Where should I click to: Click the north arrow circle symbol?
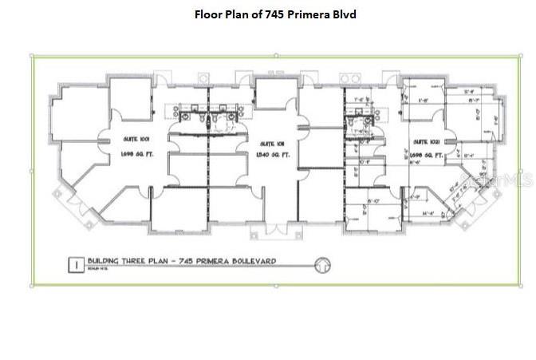tap(323, 264)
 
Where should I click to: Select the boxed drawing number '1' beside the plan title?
tap(75, 263)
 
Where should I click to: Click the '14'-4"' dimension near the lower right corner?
tap(429, 214)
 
